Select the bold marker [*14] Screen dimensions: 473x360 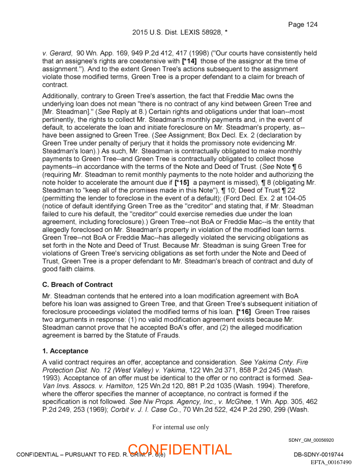coord(189,61)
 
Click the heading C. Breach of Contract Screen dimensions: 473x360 coord(77,285)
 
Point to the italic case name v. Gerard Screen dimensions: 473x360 coord(56,53)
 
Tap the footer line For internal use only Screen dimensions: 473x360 coord(180,427)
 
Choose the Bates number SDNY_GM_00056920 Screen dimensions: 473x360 coord(311,440)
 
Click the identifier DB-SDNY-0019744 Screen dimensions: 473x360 coord(319,455)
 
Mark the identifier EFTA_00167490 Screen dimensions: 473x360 coord(331,462)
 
